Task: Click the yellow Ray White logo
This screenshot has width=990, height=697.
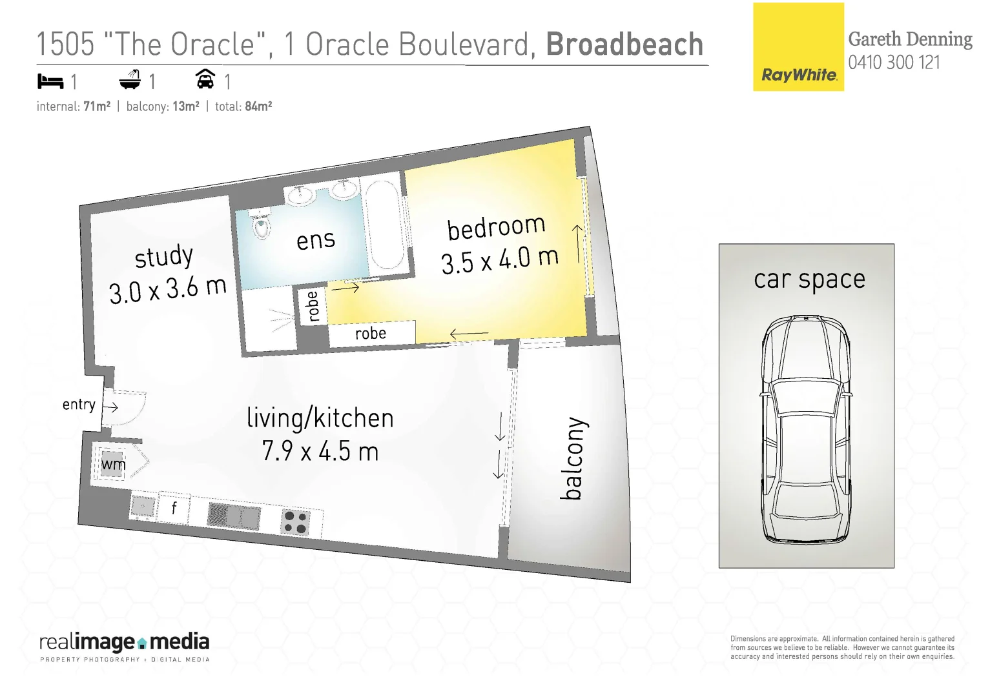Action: click(798, 47)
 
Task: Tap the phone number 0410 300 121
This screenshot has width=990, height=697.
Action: click(894, 63)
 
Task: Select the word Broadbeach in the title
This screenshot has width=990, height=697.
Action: click(624, 45)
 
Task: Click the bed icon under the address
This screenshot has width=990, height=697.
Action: click(50, 81)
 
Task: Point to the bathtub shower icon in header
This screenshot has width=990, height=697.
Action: click(130, 80)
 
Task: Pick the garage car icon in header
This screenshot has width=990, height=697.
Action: click(205, 79)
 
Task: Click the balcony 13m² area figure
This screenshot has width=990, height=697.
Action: click(185, 106)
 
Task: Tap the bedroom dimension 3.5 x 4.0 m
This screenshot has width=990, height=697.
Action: click(499, 260)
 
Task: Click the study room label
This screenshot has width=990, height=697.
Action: click(164, 257)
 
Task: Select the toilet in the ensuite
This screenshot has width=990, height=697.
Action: click(261, 226)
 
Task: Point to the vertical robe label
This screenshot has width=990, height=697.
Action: click(313, 306)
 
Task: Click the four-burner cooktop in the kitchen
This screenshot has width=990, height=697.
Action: click(296, 522)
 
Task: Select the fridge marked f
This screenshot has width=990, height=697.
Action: click(174, 508)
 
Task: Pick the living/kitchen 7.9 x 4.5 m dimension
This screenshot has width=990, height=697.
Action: click(320, 451)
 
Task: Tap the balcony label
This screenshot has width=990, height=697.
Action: click(573, 458)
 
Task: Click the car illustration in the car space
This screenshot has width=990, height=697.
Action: click(806, 430)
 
